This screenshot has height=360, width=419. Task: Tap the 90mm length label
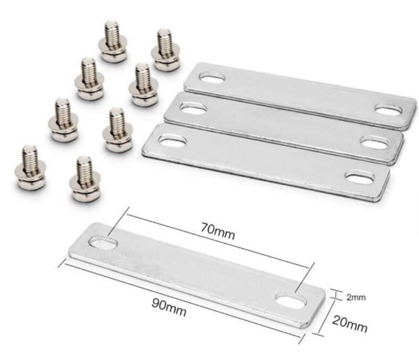point(169,307)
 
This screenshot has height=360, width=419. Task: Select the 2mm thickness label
point(356,297)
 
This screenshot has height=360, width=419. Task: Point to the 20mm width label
point(350,324)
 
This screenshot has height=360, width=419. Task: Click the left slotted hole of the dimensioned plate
point(103,243)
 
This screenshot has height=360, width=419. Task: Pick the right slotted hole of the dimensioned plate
point(291,300)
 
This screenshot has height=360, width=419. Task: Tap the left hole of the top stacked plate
point(212,78)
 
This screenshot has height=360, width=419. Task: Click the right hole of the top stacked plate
point(388,110)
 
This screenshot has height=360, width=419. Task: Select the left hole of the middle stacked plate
point(194,108)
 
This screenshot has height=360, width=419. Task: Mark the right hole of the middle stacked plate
point(374,142)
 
